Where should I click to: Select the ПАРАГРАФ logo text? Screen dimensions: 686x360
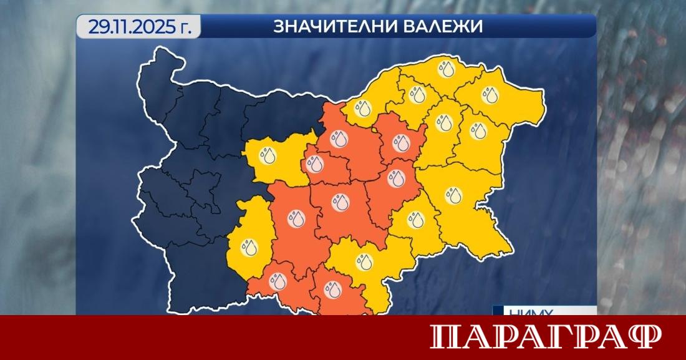[546, 338]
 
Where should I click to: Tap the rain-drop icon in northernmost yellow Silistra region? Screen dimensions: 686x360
[447, 68]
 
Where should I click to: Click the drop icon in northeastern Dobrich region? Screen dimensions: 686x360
[491, 95]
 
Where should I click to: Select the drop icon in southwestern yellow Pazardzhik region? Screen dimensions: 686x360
[250, 247]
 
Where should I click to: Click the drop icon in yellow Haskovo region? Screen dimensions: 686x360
[364, 261]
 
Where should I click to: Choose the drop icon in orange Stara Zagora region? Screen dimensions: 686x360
[341, 202]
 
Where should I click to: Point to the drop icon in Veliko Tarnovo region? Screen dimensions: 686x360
[339, 138]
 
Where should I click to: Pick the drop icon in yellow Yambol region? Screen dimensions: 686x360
[415, 220]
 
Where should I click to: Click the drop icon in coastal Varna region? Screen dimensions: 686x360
[478, 131]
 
